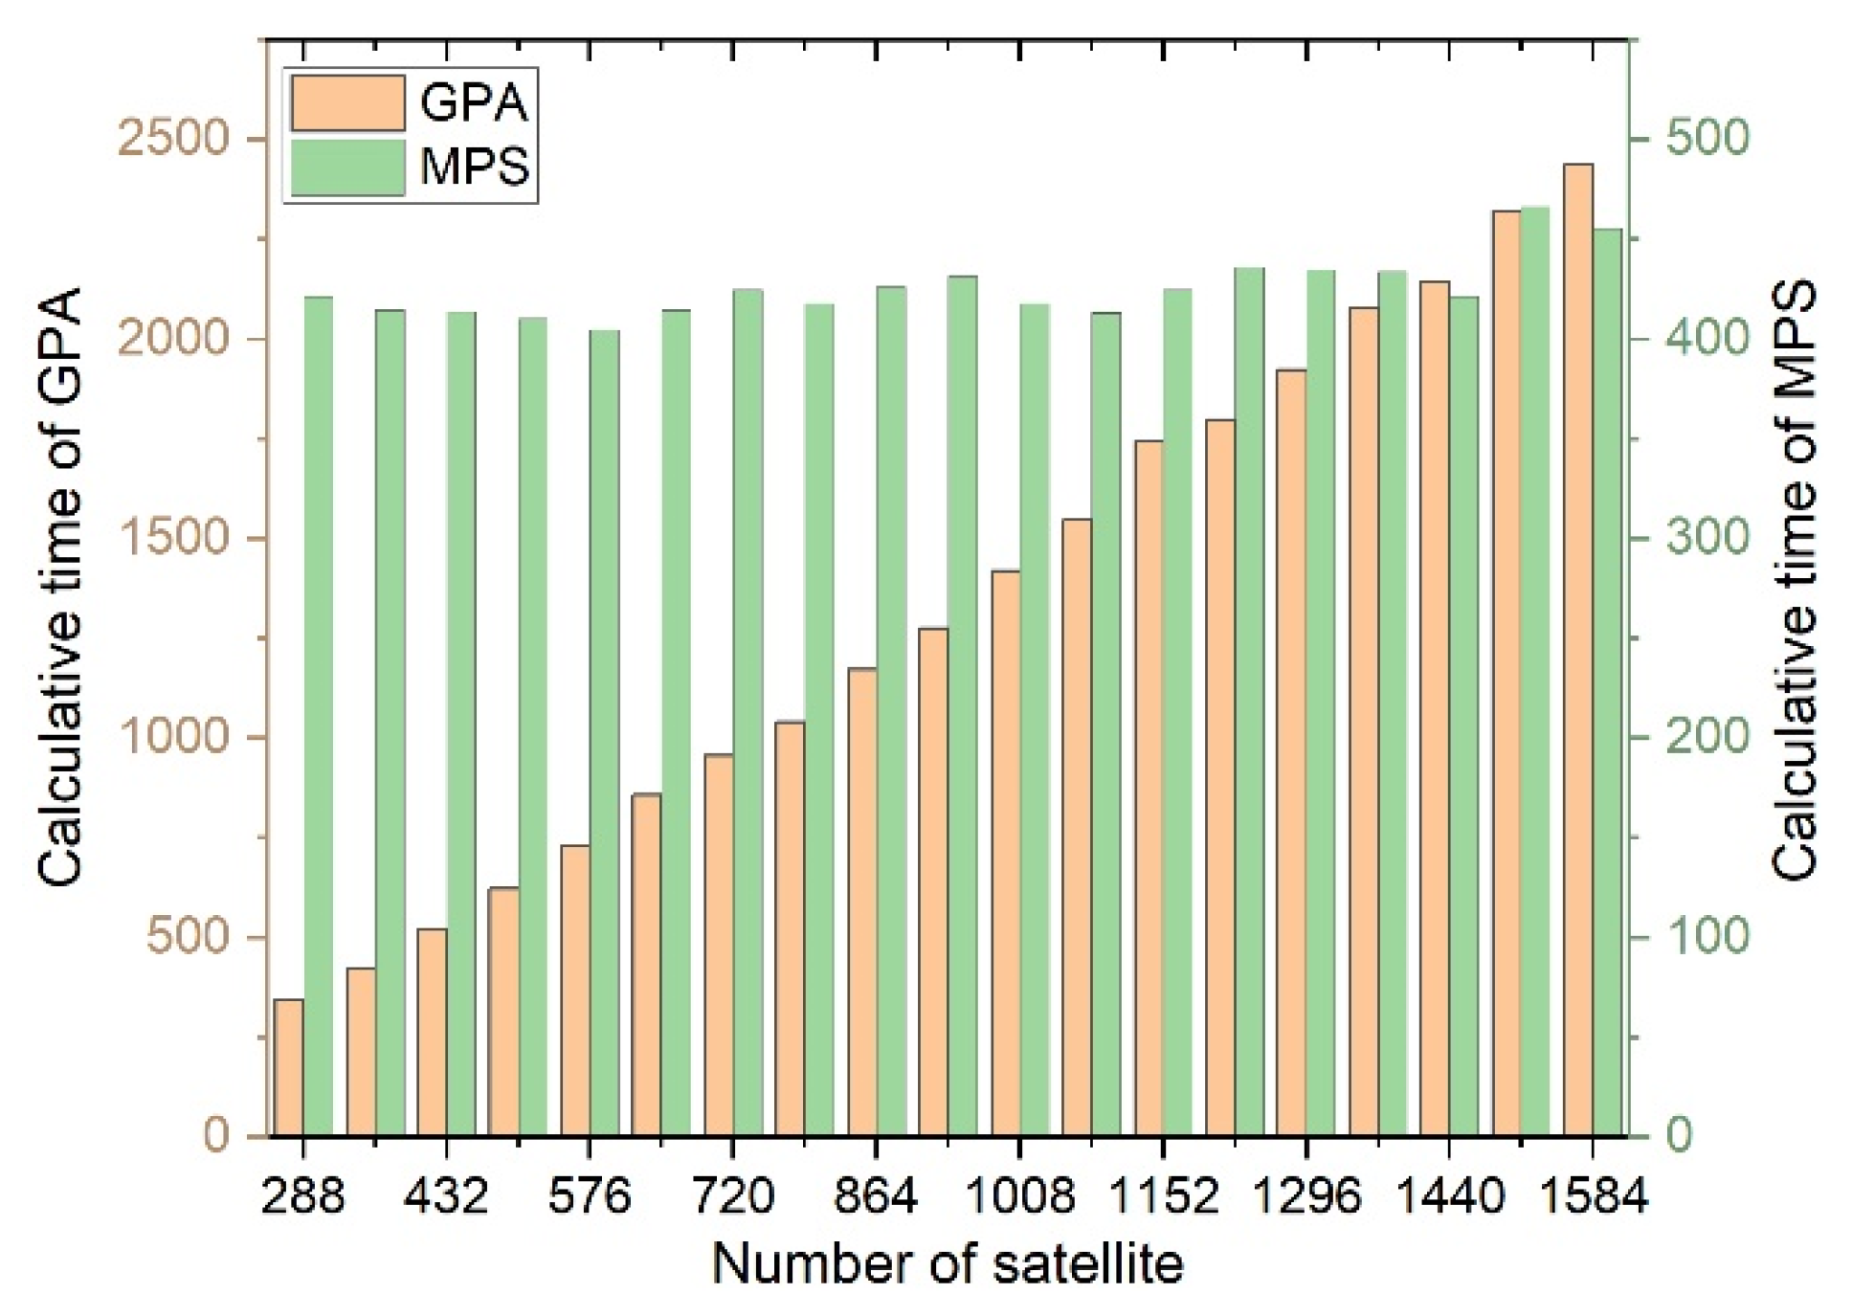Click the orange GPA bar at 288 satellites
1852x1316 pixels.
pyautogui.click(x=288, y=1067)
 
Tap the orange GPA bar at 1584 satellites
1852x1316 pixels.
pyautogui.click(x=1578, y=651)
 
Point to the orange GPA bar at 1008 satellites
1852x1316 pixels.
pyautogui.click(x=1006, y=853)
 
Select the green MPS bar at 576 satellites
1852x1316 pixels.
pyautogui.click(x=605, y=733)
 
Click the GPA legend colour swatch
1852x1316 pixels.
pyautogui.click(x=347, y=102)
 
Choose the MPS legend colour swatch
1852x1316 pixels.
pyautogui.click(x=347, y=167)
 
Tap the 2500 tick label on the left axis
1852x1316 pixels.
pyautogui.click(x=173, y=140)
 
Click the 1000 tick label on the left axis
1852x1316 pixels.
pyautogui.click(x=173, y=738)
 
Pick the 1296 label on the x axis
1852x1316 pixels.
pyautogui.click(x=1305, y=1195)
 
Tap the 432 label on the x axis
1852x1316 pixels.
pyautogui.click(x=446, y=1195)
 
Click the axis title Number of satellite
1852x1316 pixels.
pyautogui.click(x=948, y=1263)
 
